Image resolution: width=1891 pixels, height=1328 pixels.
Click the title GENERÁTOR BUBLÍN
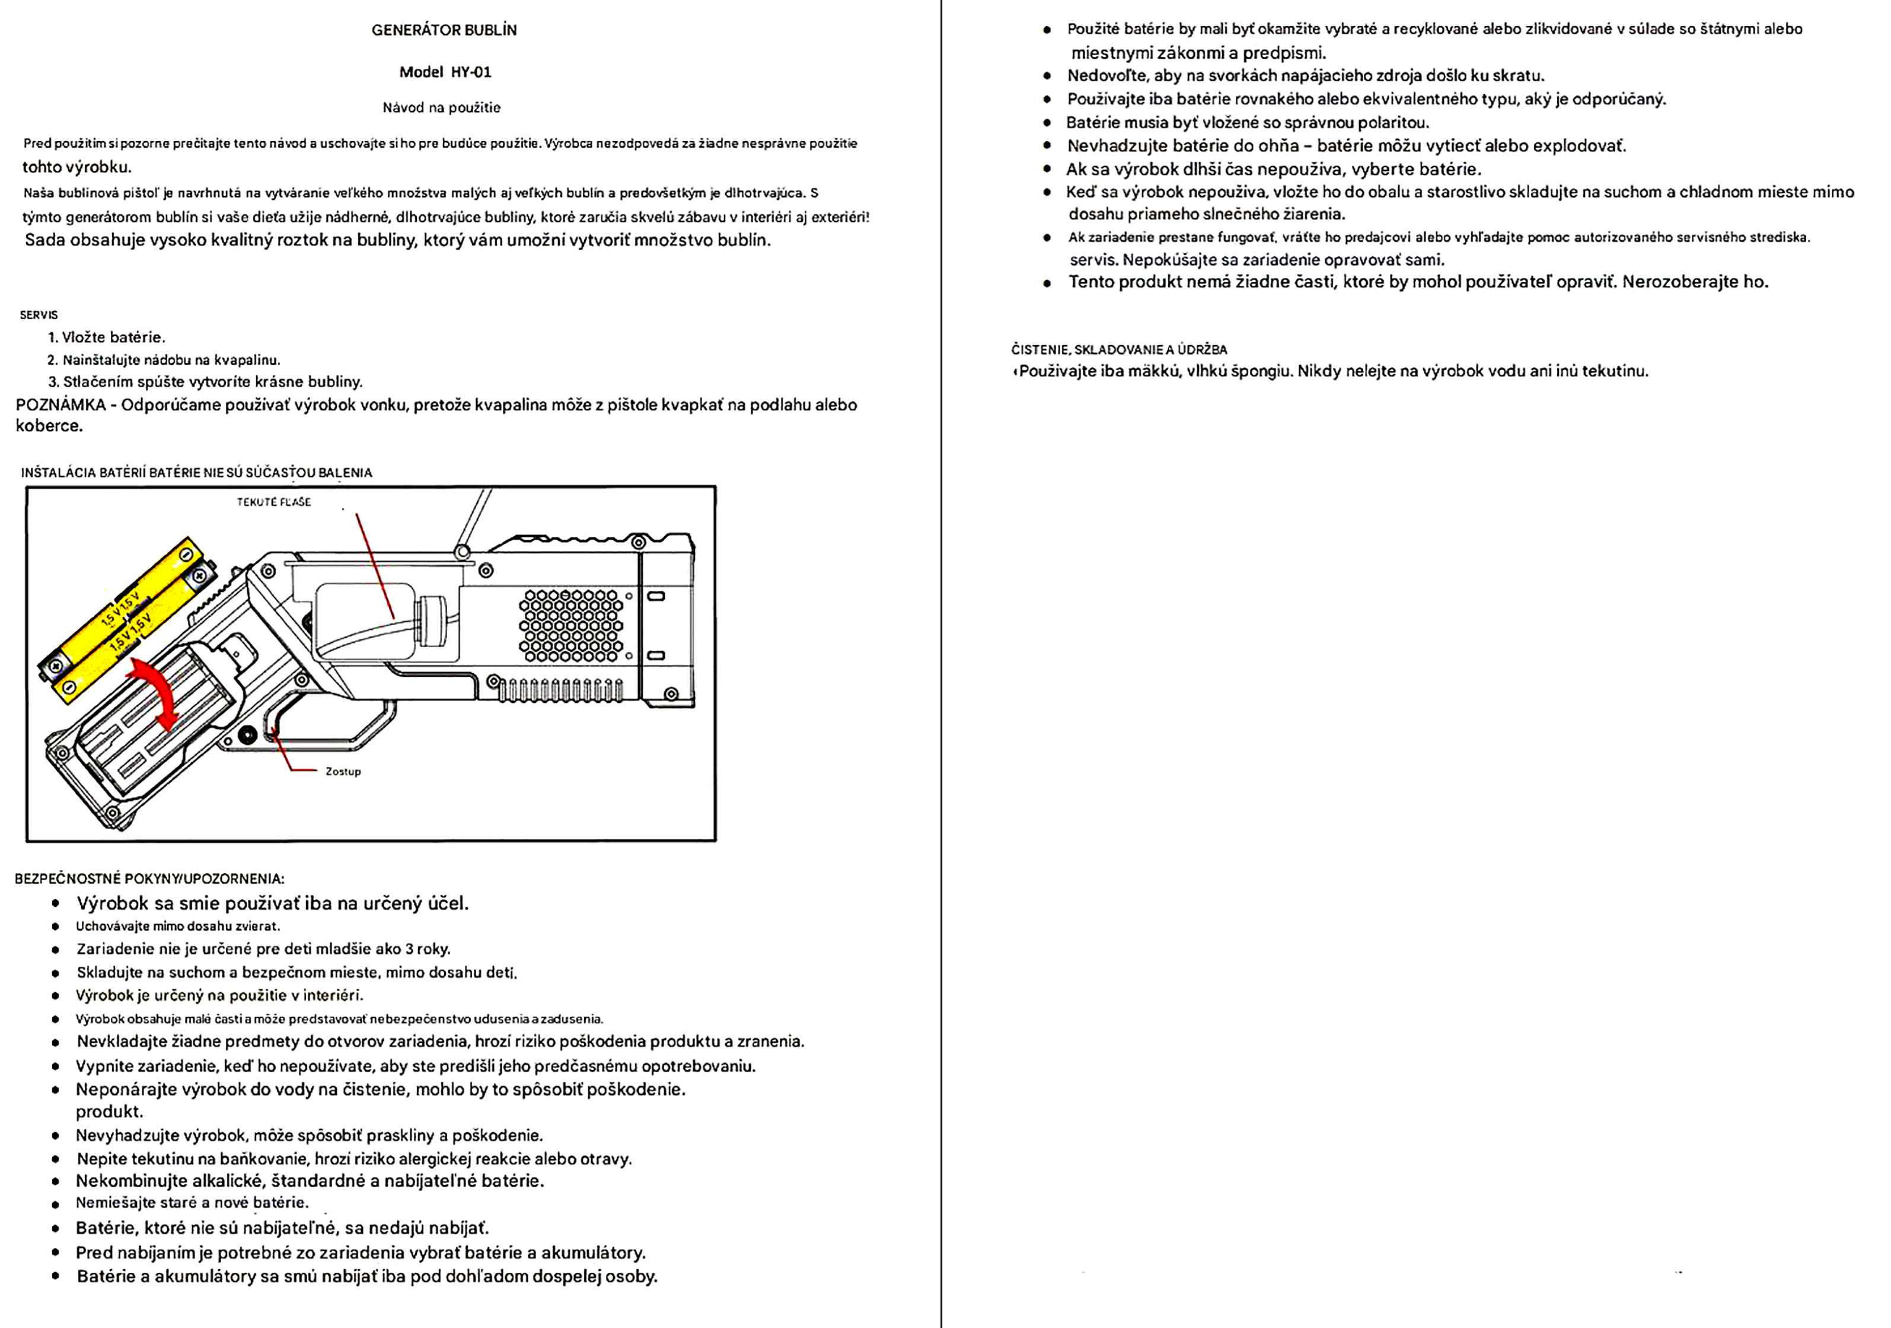point(444,30)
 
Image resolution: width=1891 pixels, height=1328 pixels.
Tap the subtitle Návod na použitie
point(441,108)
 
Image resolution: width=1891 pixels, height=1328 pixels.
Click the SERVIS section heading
point(39,315)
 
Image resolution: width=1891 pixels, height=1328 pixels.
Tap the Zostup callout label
point(343,772)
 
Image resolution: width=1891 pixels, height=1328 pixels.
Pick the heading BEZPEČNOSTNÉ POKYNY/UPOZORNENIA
point(149,879)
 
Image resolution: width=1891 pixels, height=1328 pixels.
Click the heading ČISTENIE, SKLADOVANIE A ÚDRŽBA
point(1118,350)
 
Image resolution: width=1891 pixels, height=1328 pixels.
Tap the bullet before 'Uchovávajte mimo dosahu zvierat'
point(56,928)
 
